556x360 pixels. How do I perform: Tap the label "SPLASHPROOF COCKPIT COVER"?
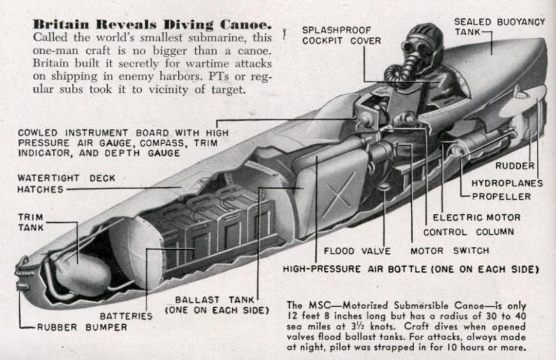click(x=336, y=35)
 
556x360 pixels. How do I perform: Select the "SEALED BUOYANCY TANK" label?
click(x=499, y=26)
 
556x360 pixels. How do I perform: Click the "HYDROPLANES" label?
click(x=507, y=183)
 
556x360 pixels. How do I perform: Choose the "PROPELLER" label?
click(x=501, y=196)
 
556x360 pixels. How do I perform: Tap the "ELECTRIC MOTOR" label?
click(x=476, y=217)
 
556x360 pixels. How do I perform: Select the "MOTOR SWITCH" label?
click(x=449, y=250)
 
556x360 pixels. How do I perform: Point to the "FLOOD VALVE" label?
click(x=357, y=250)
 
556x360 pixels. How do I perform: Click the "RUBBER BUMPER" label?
click(x=82, y=327)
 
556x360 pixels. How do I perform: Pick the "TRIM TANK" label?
click(x=31, y=222)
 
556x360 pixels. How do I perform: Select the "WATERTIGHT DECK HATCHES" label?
click(x=66, y=183)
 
